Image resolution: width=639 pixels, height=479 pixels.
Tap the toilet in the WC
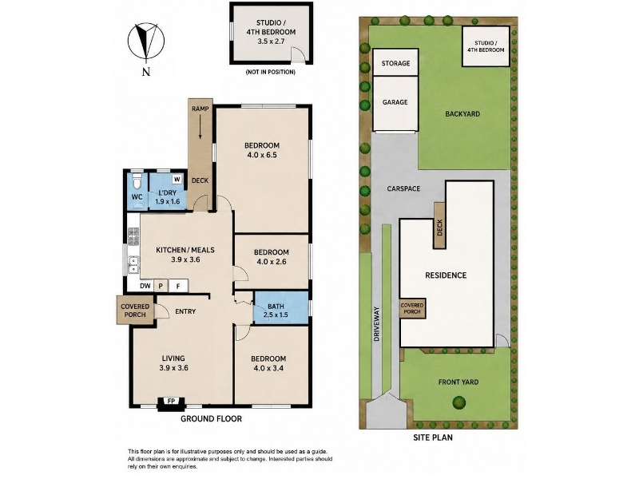pos(137,181)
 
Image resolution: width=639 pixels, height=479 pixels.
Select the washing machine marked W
pos(177,179)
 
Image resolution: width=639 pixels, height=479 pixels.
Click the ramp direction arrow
pos(200,127)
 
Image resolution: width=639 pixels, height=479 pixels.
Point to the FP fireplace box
pos(171,402)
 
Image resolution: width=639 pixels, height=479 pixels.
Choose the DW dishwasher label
pos(145,286)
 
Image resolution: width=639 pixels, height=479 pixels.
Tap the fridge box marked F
pos(178,286)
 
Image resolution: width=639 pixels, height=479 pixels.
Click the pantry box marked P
pos(161,286)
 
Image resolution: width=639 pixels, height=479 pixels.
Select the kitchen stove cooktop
pos(133,236)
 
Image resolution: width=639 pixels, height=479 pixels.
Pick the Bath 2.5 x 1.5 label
pos(276,311)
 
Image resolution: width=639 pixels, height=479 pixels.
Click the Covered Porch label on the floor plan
pos(135,311)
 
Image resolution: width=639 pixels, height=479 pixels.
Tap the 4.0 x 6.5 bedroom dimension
pos(262,155)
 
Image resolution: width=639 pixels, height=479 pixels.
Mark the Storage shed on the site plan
pos(395,63)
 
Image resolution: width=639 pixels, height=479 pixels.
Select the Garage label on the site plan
pos(395,102)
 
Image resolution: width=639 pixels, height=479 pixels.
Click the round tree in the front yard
pos(459,402)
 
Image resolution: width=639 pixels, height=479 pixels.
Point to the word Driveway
pos(376,324)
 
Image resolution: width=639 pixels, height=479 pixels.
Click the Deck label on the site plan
pos(439,228)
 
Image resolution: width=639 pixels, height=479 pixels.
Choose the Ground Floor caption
pos(211,418)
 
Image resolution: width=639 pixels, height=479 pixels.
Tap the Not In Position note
pos(271,72)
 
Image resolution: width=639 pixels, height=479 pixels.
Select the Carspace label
pos(403,188)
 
